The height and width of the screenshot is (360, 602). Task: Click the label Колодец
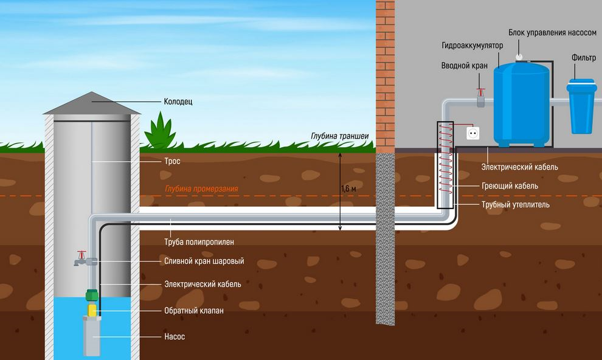pos(178,102)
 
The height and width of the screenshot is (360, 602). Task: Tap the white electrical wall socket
pos(472,134)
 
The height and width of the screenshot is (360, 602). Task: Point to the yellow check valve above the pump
pos(92,310)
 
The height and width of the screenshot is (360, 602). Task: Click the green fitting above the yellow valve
pos(91,296)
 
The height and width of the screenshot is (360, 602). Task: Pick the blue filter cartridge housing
pos(582,106)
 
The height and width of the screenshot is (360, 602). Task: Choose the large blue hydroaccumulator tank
pos(521,105)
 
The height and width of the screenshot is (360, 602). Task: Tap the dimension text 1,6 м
pos(348,189)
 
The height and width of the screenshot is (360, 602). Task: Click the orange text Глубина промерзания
pos(201,189)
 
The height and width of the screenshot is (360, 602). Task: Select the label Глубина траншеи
pos(340,136)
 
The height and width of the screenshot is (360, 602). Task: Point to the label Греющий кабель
pos(510,186)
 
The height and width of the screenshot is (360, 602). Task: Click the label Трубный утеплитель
pos(516,204)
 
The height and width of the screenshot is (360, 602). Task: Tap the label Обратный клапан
pos(194,311)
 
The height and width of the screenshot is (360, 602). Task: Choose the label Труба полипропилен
pos(199,242)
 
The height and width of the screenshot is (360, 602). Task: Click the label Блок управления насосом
pos(553,33)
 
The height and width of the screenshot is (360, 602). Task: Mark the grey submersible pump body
pos(92,336)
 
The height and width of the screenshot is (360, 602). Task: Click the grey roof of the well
pos(92,103)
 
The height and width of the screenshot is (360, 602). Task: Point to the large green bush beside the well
pos(160,131)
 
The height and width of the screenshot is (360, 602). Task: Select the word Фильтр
pos(584,58)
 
